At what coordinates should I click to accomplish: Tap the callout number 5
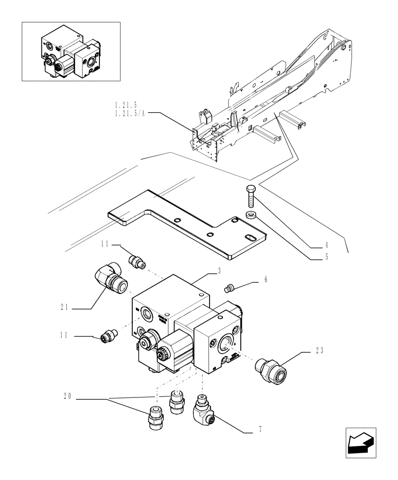point(326,257)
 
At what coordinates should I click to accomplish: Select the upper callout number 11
point(105,245)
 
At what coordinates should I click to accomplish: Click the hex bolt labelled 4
point(251,197)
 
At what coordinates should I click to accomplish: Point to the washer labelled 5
point(250,215)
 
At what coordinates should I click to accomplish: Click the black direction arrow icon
point(360,441)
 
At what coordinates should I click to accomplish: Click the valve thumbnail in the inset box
point(70,51)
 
